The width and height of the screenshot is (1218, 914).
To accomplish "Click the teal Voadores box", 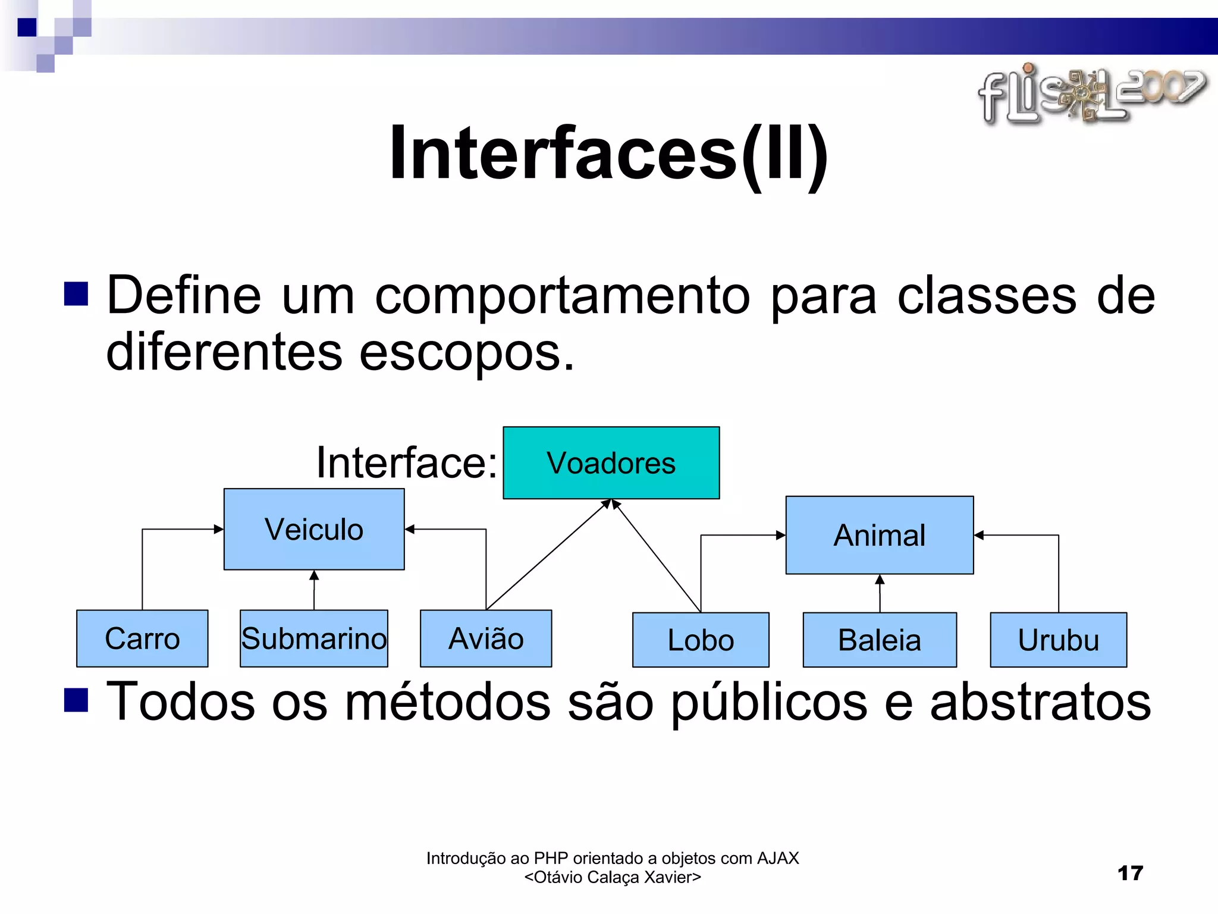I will coord(611,463).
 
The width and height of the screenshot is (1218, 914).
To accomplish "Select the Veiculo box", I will coord(314,529).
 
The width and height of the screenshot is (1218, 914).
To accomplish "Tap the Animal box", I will coord(879,535).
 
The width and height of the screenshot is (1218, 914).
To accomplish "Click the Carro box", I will coord(142,638).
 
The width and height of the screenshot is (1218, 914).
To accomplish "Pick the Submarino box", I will coord(313,638).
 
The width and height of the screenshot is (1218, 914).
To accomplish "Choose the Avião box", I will coord(485,638).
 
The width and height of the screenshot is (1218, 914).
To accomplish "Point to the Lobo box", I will coord(701,640).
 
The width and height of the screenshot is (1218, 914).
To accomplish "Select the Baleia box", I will coord(879,640).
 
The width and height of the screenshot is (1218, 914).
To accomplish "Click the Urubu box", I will coord(1058,640).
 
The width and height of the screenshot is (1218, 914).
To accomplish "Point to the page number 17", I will coord(1130,873).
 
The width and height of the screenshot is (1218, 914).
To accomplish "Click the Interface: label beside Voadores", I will coord(407,462).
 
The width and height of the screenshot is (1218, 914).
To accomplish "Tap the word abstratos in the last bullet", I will coord(1040,702).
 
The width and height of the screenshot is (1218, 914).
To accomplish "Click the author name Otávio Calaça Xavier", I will coord(613,877).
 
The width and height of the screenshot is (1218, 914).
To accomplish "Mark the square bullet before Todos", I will coord(76,700).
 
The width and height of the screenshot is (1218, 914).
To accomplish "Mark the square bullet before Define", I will coord(76,293).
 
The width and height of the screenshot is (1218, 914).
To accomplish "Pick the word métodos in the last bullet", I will coord(448,702).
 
